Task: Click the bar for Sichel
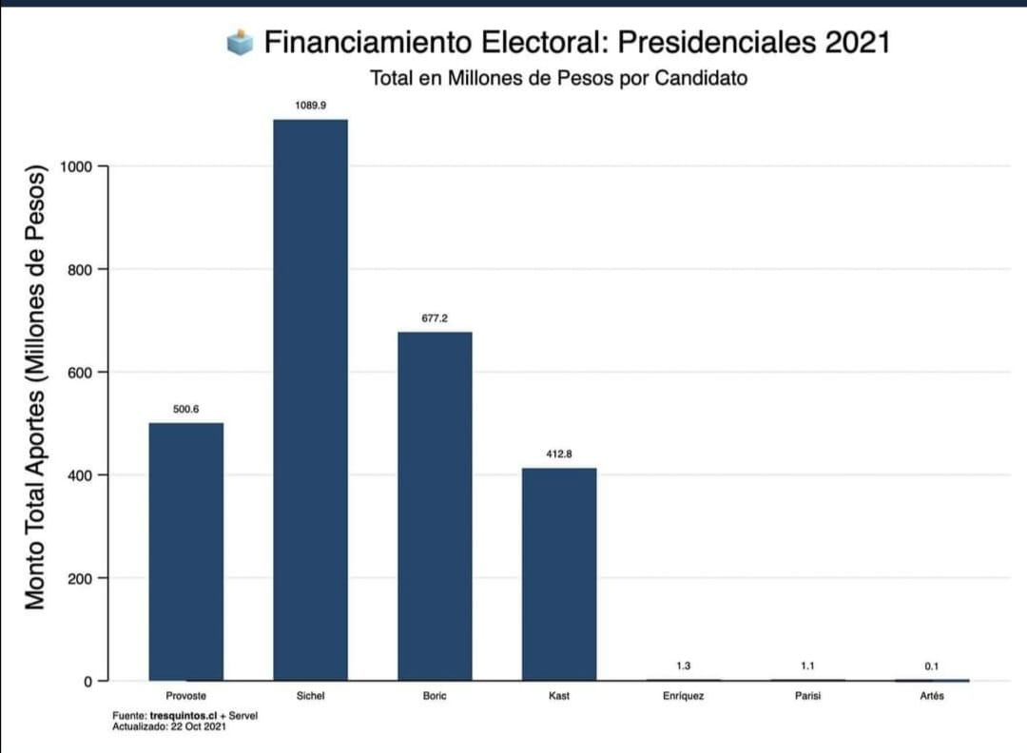click(x=310, y=399)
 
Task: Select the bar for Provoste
click(x=186, y=551)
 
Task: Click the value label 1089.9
click(x=310, y=106)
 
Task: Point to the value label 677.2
click(x=435, y=319)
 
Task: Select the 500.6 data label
click(x=186, y=409)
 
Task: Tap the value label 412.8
click(x=558, y=454)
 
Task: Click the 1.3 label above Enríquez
click(x=683, y=666)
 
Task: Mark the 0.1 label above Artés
click(x=931, y=666)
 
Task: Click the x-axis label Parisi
click(x=807, y=696)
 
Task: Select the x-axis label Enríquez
click(x=683, y=696)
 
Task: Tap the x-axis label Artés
click(x=931, y=696)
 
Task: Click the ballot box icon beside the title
click(x=241, y=42)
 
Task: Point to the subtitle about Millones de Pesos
click(x=558, y=78)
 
